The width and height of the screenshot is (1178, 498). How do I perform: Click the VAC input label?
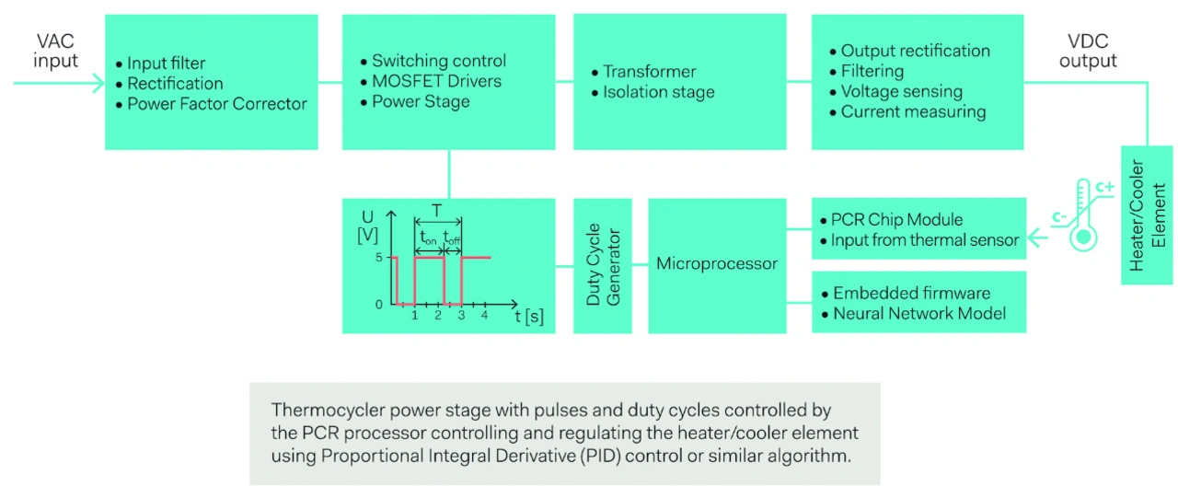[x=56, y=52]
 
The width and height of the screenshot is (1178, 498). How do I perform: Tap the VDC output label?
[x=1088, y=52]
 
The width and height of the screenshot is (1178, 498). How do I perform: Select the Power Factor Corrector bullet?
[x=217, y=104]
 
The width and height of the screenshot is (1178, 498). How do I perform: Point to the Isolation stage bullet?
[x=659, y=92]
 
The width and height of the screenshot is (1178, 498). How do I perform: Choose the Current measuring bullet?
[x=913, y=112]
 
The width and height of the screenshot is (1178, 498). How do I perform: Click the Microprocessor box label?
[x=717, y=264]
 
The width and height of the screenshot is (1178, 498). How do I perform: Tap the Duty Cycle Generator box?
[x=603, y=265]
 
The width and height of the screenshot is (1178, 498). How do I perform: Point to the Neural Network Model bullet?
[x=919, y=314]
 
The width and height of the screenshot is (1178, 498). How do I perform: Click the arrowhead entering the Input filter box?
[x=99, y=83]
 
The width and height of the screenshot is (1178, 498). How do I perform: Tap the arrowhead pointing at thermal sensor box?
[x=1036, y=240]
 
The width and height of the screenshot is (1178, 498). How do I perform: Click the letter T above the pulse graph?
[x=437, y=210]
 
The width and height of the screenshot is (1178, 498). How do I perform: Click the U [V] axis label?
[x=368, y=227]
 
